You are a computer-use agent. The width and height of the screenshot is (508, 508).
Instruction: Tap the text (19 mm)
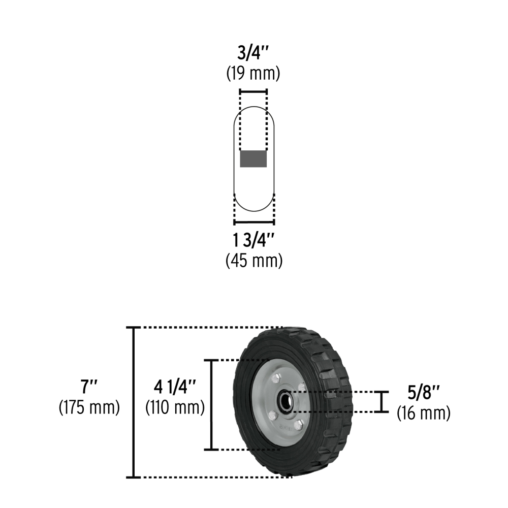253,73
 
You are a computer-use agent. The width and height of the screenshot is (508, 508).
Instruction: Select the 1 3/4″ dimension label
253,240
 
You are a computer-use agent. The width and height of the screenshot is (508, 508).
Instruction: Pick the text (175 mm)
89,407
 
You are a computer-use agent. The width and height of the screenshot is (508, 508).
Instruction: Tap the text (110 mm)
175,407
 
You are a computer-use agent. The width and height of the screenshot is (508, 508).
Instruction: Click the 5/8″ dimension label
424,392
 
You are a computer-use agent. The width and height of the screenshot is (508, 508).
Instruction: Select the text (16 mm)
424,412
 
